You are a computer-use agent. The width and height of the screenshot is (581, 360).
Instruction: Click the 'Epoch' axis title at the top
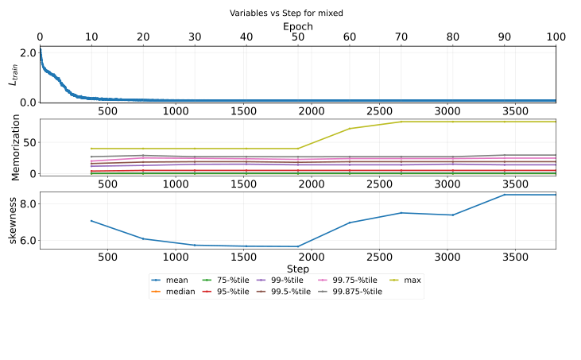click(297, 26)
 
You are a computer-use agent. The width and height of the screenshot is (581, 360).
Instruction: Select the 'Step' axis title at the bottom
click(297, 269)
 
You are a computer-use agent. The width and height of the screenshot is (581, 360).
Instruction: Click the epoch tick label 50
click(297, 37)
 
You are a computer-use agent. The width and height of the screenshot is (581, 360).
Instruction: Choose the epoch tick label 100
click(556, 37)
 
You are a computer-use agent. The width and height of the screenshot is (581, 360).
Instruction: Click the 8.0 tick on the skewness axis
click(29, 203)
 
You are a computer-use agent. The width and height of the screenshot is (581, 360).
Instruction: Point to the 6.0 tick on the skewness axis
click(29, 240)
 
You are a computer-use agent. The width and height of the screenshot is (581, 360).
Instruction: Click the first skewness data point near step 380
click(91, 221)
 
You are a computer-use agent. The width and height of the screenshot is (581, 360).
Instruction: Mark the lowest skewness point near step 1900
click(298, 246)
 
